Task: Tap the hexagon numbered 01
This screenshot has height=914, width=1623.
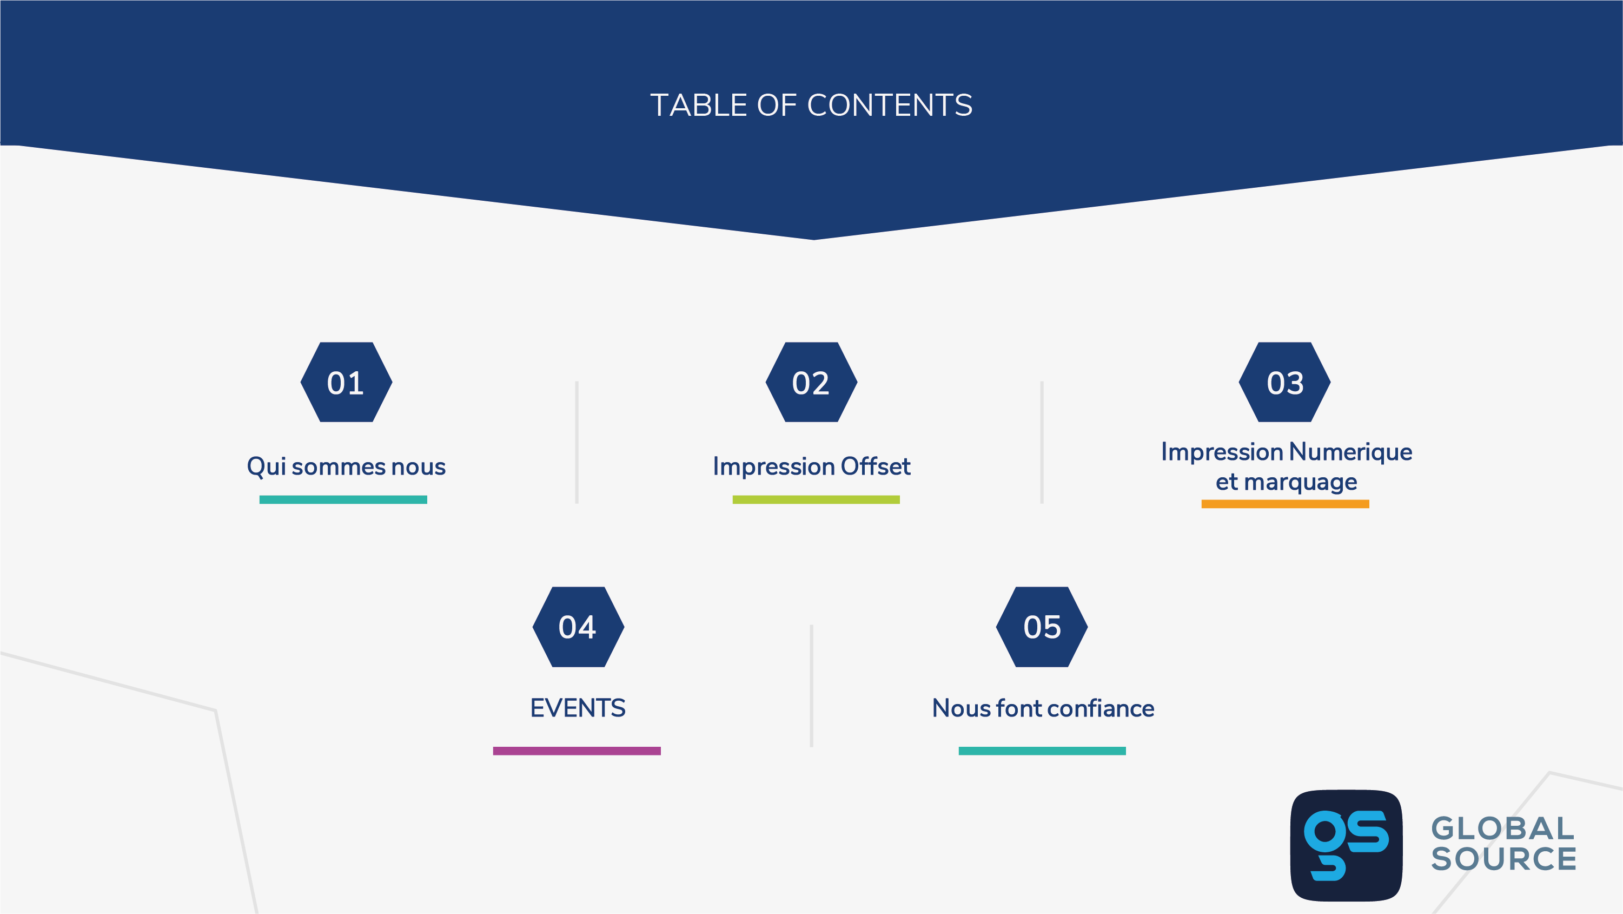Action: pos(347,382)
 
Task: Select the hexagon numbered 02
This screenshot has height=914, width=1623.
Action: pos(811,382)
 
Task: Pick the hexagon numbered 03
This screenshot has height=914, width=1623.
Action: pos(1284,382)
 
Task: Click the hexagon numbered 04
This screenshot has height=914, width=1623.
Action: pos(578,627)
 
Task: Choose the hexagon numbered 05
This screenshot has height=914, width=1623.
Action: pos(1042,627)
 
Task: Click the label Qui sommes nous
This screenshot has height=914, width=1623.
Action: pos(346,467)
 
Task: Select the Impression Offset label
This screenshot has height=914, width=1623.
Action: pos(811,466)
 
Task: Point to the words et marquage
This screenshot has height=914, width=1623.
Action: pos(1286,482)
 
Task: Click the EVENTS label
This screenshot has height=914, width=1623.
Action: pos(578,708)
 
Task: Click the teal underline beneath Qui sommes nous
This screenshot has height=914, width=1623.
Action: pos(343,500)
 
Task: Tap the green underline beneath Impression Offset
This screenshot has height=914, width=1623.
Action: pos(816,500)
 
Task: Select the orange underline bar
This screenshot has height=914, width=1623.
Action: pos(1286,504)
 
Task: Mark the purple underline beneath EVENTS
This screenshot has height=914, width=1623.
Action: pos(577,751)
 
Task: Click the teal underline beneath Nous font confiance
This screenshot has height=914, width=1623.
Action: pos(1042,751)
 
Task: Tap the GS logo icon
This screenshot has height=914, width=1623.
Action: pos(1347,845)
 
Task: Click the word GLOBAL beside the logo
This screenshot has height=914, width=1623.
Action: pos(1502,829)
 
